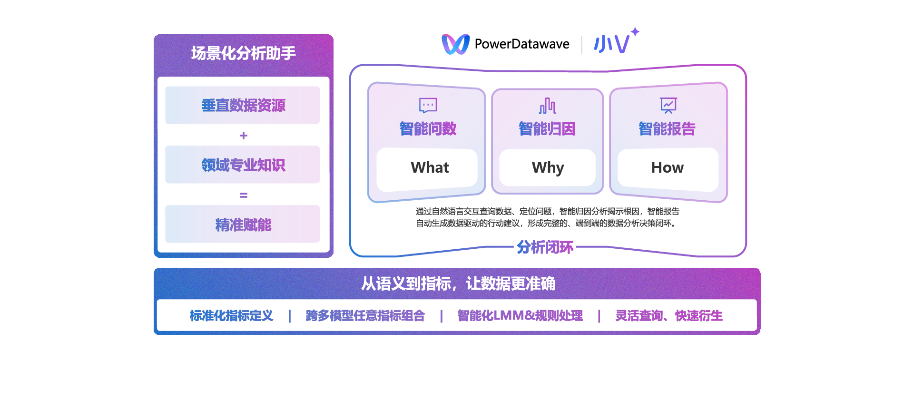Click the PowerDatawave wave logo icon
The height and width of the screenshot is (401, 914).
click(455, 44)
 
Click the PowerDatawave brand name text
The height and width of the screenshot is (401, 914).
click(522, 44)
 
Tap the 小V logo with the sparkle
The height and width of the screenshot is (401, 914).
click(615, 42)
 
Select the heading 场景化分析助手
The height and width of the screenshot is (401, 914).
click(243, 53)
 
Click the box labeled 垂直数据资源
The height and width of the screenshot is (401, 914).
click(243, 105)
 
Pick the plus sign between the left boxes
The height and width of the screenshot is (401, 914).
click(244, 136)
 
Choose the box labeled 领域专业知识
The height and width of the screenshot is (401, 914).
click(243, 165)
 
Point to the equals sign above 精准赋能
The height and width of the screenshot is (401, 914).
click(244, 195)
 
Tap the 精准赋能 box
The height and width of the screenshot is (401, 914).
click(243, 224)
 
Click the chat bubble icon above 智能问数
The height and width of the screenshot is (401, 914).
click(428, 105)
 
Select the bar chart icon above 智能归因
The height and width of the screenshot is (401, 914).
click(547, 106)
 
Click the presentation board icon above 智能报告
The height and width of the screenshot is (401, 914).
click(668, 105)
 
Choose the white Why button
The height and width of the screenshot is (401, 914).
click(547, 168)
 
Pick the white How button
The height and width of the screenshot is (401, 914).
click(668, 168)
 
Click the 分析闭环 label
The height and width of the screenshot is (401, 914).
click(545, 247)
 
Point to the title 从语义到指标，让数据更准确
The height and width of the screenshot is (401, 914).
click(458, 284)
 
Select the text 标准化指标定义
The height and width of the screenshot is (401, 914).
click(231, 316)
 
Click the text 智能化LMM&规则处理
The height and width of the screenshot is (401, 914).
click(520, 316)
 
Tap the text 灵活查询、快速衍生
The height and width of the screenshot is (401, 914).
click(668, 316)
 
